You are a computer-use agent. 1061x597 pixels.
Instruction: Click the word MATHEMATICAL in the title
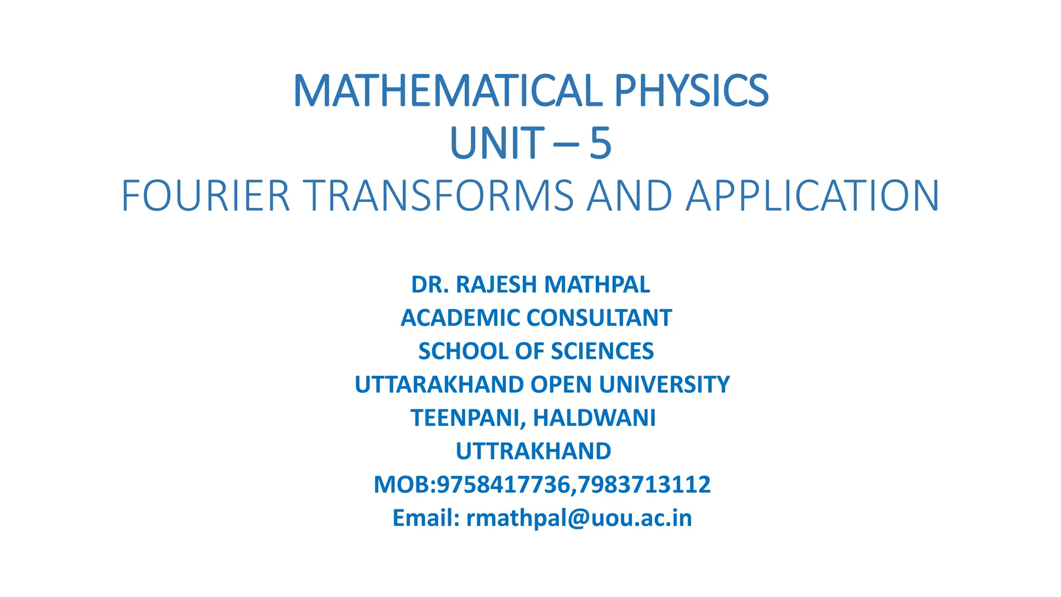click(447, 91)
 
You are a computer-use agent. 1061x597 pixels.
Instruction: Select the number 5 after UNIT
click(600, 144)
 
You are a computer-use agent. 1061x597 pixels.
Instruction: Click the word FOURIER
click(205, 196)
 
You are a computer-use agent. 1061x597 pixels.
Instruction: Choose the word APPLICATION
click(812, 196)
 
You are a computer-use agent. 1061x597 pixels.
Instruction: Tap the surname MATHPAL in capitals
click(597, 285)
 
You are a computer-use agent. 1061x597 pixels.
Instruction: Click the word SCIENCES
click(602, 351)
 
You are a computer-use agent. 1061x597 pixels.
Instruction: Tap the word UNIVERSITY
click(664, 385)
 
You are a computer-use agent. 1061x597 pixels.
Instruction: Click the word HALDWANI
click(594, 418)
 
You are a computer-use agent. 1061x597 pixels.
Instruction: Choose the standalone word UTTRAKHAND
click(533, 451)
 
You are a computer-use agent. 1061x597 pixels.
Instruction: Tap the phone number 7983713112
click(644, 485)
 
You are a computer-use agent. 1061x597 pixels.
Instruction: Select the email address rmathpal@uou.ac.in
click(579, 518)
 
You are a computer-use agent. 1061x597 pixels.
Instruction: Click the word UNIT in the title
click(496, 144)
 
